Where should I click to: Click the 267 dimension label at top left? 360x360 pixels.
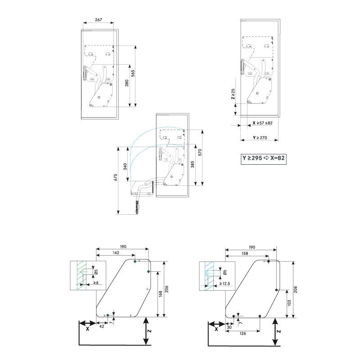(x=99, y=20)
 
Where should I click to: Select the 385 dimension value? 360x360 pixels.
(x=192, y=165)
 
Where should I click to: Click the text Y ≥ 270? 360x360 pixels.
(x=259, y=137)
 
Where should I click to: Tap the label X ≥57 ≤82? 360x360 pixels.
(x=262, y=122)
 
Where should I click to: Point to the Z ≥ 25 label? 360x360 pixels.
(x=233, y=94)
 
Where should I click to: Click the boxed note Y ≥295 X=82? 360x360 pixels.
(x=265, y=158)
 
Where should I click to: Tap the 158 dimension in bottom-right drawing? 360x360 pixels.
(x=245, y=254)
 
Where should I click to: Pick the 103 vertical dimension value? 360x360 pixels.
(x=288, y=304)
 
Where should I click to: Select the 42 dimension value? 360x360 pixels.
(x=102, y=326)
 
